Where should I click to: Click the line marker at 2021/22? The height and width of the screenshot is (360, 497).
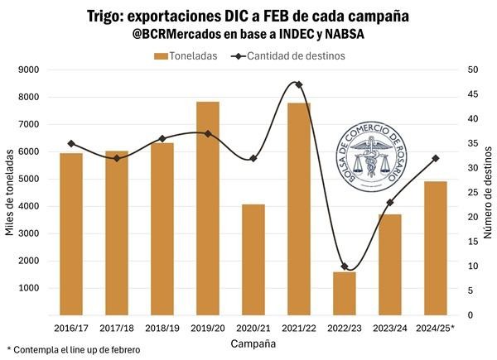pos(299,84)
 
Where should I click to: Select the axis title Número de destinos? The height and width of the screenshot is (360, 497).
pos(488,192)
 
